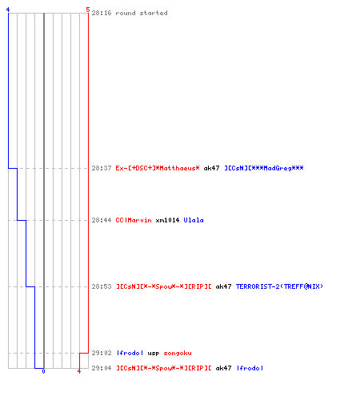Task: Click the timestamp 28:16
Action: [102, 13]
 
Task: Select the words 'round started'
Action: [142, 13]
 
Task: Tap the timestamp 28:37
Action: [102, 168]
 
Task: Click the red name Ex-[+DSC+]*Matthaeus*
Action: [158, 168]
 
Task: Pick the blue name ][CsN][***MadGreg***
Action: [264, 168]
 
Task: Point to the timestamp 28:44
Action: [102, 220]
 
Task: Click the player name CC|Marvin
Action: [134, 220]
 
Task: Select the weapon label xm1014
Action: [167, 220]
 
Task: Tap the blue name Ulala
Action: [194, 220]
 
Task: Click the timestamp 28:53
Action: [102, 286]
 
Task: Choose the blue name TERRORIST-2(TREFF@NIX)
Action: [279, 286]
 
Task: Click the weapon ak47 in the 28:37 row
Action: [211, 168]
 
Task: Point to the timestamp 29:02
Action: [102, 353]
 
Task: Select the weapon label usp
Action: [154, 354]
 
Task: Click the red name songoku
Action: [178, 353]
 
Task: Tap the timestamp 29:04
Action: [102, 368]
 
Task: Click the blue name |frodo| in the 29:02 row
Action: [130, 353]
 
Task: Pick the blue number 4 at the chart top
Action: [8, 10]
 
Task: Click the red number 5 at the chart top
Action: [88, 10]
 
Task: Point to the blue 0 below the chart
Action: [43, 371]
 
